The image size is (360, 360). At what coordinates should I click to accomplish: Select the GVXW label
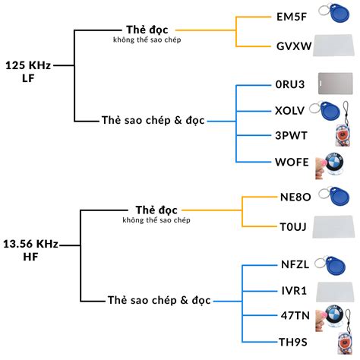[294, 46]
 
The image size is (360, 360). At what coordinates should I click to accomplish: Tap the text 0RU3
[289, 84]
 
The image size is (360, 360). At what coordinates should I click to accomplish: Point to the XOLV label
[289, 110]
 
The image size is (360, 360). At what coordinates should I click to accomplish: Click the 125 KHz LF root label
[27, 72]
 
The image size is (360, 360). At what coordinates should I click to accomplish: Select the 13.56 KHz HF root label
[30, 251]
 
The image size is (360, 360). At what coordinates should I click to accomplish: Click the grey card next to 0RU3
[336, 83]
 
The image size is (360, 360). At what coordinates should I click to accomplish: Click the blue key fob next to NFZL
[336, 265]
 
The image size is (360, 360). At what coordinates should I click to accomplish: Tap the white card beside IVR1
[336, 291]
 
